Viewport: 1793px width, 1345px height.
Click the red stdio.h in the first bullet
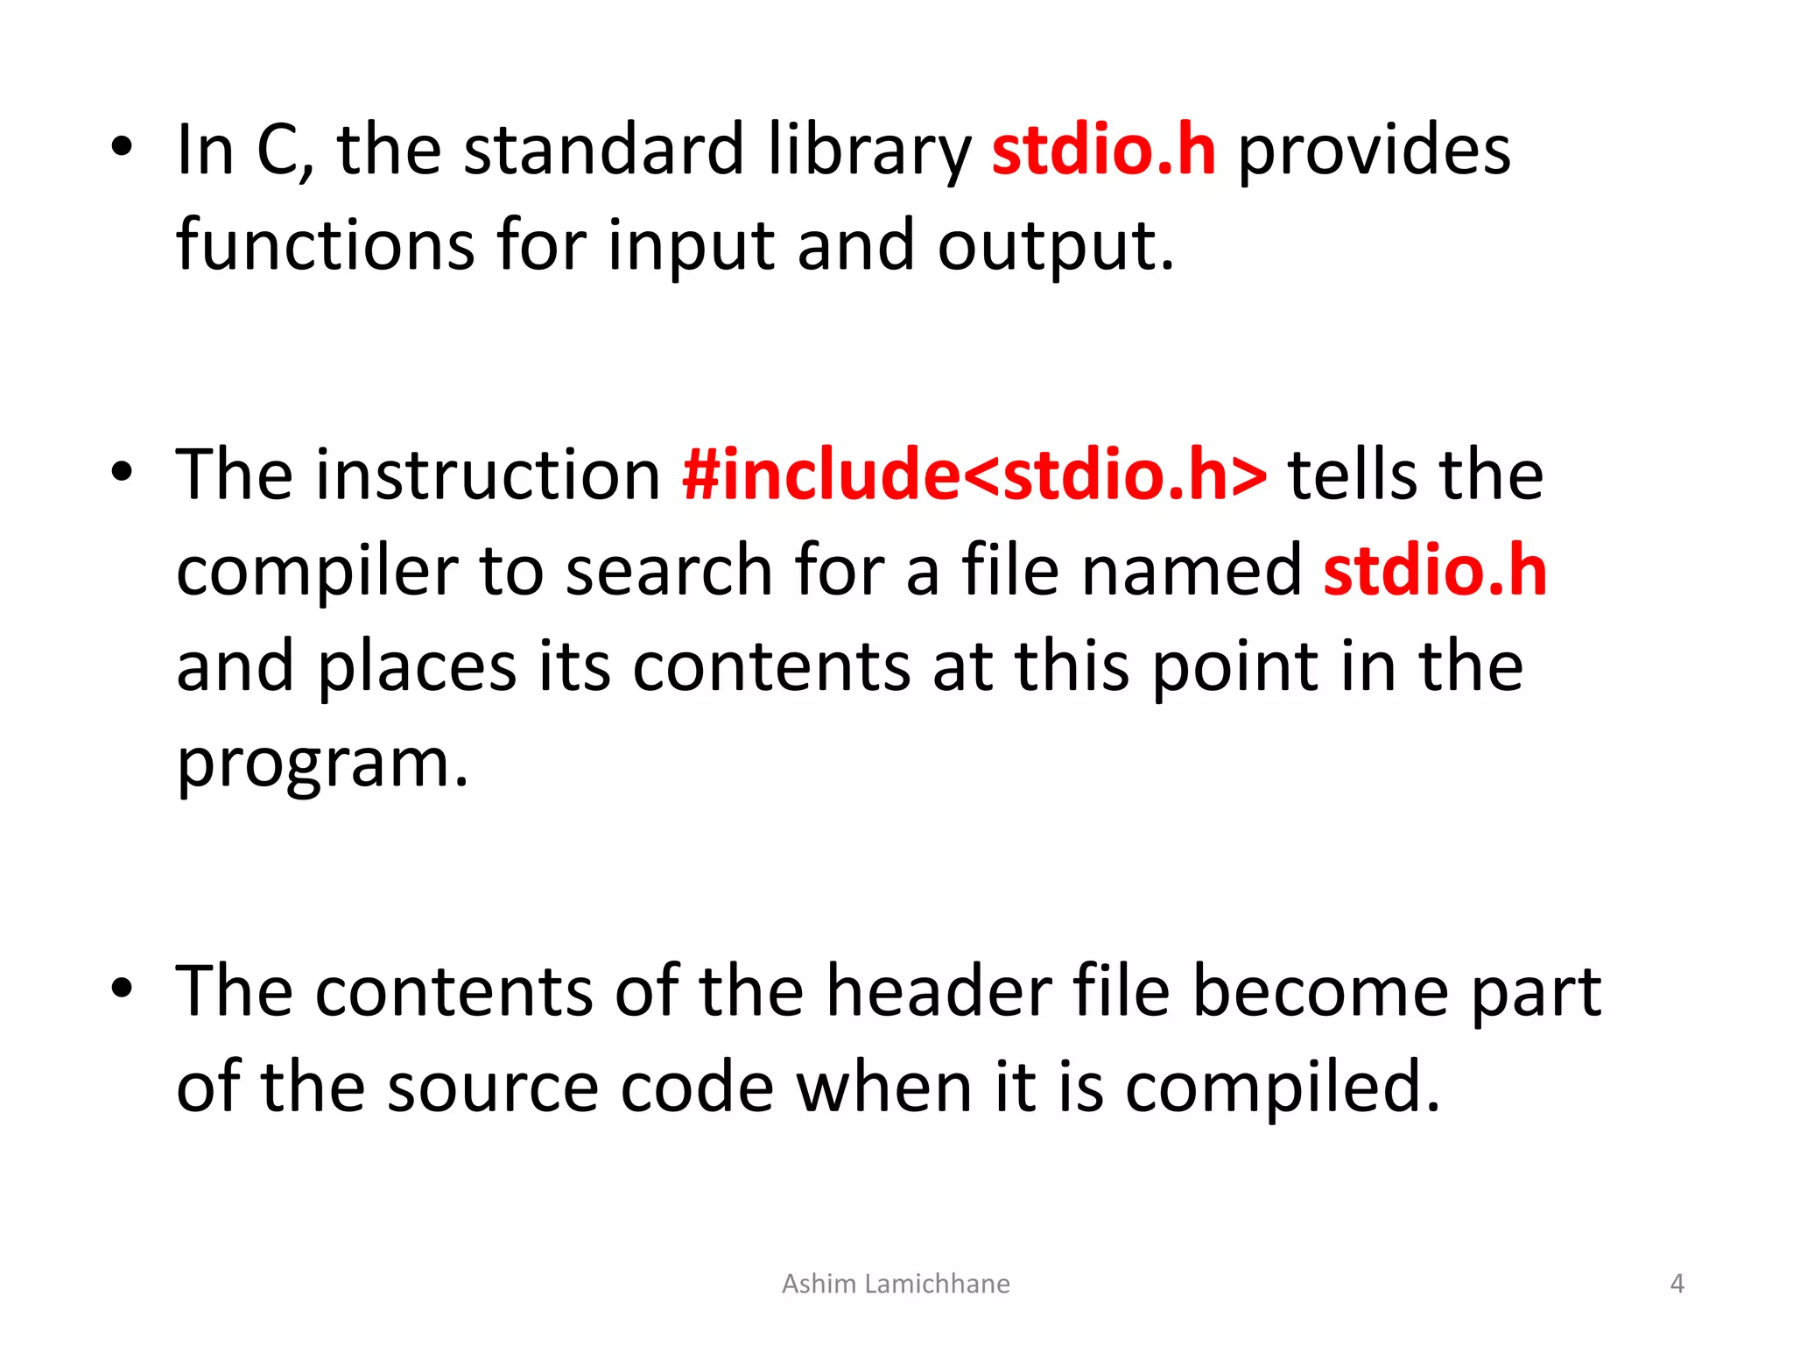1103,151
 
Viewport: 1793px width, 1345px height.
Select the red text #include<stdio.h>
974,475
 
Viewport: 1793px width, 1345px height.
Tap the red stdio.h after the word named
1435,571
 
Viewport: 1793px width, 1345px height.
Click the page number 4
1677,1284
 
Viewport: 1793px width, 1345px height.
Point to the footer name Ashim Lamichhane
896,1284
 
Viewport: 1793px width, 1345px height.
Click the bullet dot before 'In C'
122,147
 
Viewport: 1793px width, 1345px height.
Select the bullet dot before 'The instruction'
122,472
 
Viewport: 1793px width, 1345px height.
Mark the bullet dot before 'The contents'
122,988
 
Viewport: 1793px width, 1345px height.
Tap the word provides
1374,151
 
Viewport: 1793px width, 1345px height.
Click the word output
1054,247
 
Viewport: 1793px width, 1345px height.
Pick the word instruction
489,475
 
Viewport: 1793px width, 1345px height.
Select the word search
669,571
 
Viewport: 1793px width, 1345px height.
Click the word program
322,764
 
